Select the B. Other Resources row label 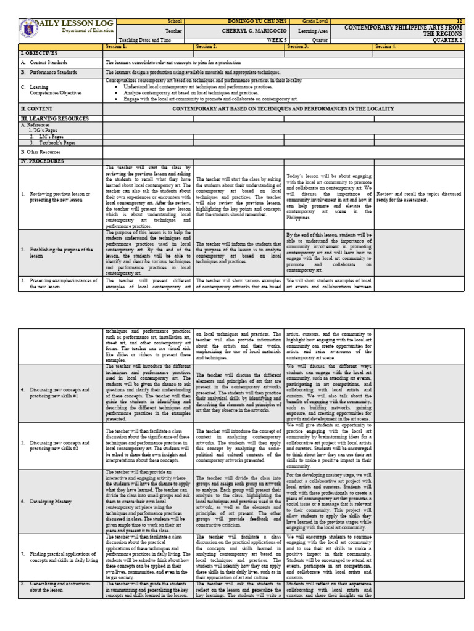tap(41, 151)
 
